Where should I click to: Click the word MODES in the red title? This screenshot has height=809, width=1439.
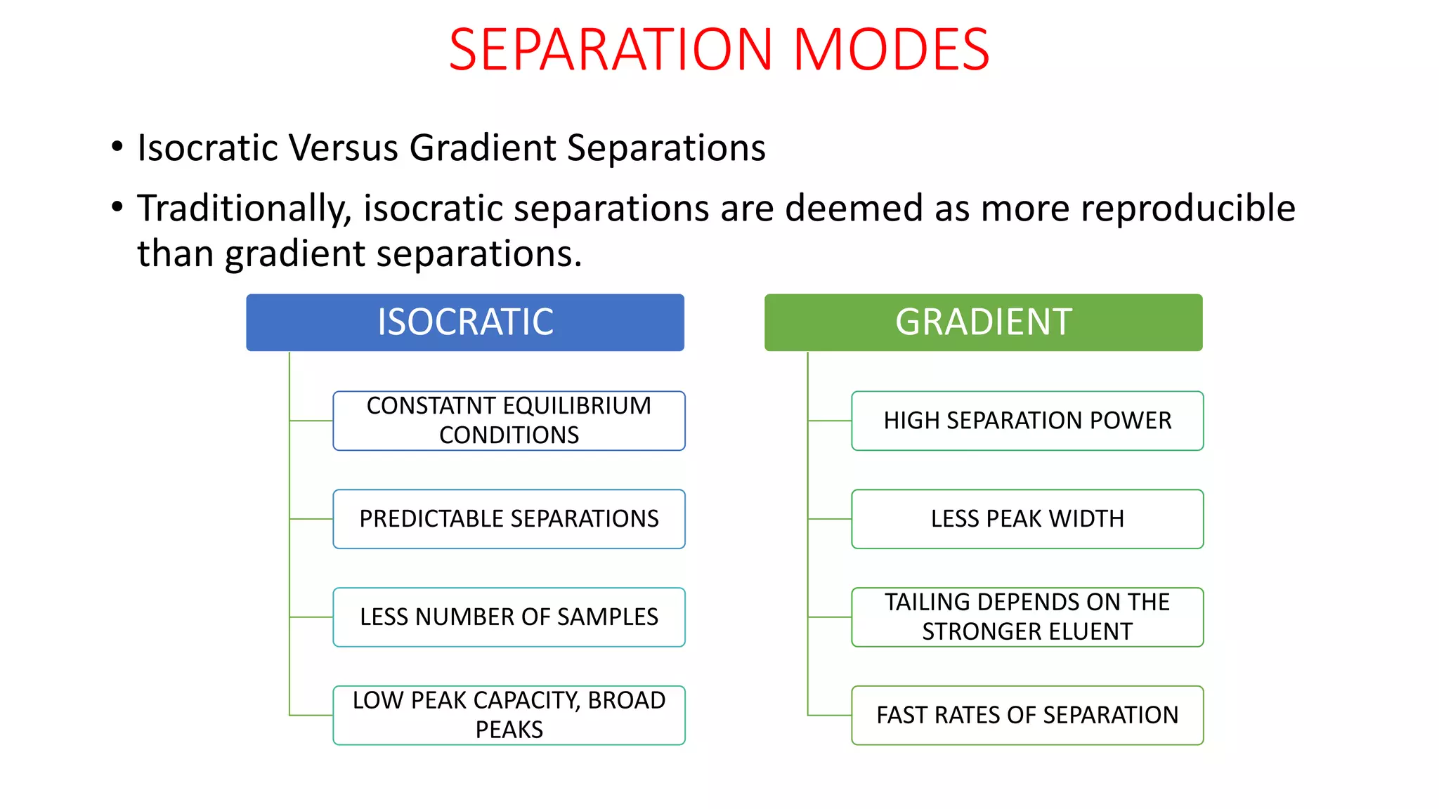pos(891,50)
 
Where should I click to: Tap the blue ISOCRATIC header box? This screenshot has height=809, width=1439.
pos(464,322)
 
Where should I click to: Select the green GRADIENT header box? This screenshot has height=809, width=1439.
pos(983,322)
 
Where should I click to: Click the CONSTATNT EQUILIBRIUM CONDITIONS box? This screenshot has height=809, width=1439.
pos(509,421)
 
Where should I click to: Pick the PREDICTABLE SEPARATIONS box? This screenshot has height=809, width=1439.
pos(509,519)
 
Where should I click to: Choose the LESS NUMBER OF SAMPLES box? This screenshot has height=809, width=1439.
pos(509,617)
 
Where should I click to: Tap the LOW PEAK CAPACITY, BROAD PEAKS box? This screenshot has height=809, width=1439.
pos(509,715)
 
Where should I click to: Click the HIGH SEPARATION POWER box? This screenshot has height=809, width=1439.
pos(1027,421)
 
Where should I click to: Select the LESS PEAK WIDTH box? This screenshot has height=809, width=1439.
pos(1027,519)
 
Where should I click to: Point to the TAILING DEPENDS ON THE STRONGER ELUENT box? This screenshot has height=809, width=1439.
pos(1027,617)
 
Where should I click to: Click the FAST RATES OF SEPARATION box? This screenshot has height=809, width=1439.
pos(1027,715)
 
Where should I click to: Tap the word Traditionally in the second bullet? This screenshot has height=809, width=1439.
pos(244,209)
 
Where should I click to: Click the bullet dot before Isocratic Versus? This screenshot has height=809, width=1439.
pos(117,147)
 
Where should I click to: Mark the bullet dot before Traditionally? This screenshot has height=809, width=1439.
pos(117,206)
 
